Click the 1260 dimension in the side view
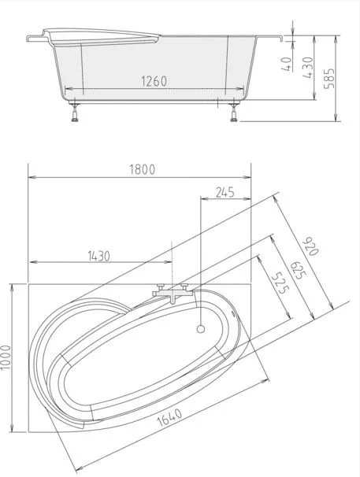point(154,81)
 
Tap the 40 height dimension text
point(287,64)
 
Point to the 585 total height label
point(329,79)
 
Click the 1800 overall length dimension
point(143,169)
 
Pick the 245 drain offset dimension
point(225,192)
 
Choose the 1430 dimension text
point(99,256)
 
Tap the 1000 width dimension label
point(6,357)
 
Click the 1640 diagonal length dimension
point(169,417)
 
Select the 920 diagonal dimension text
point(310,246)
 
